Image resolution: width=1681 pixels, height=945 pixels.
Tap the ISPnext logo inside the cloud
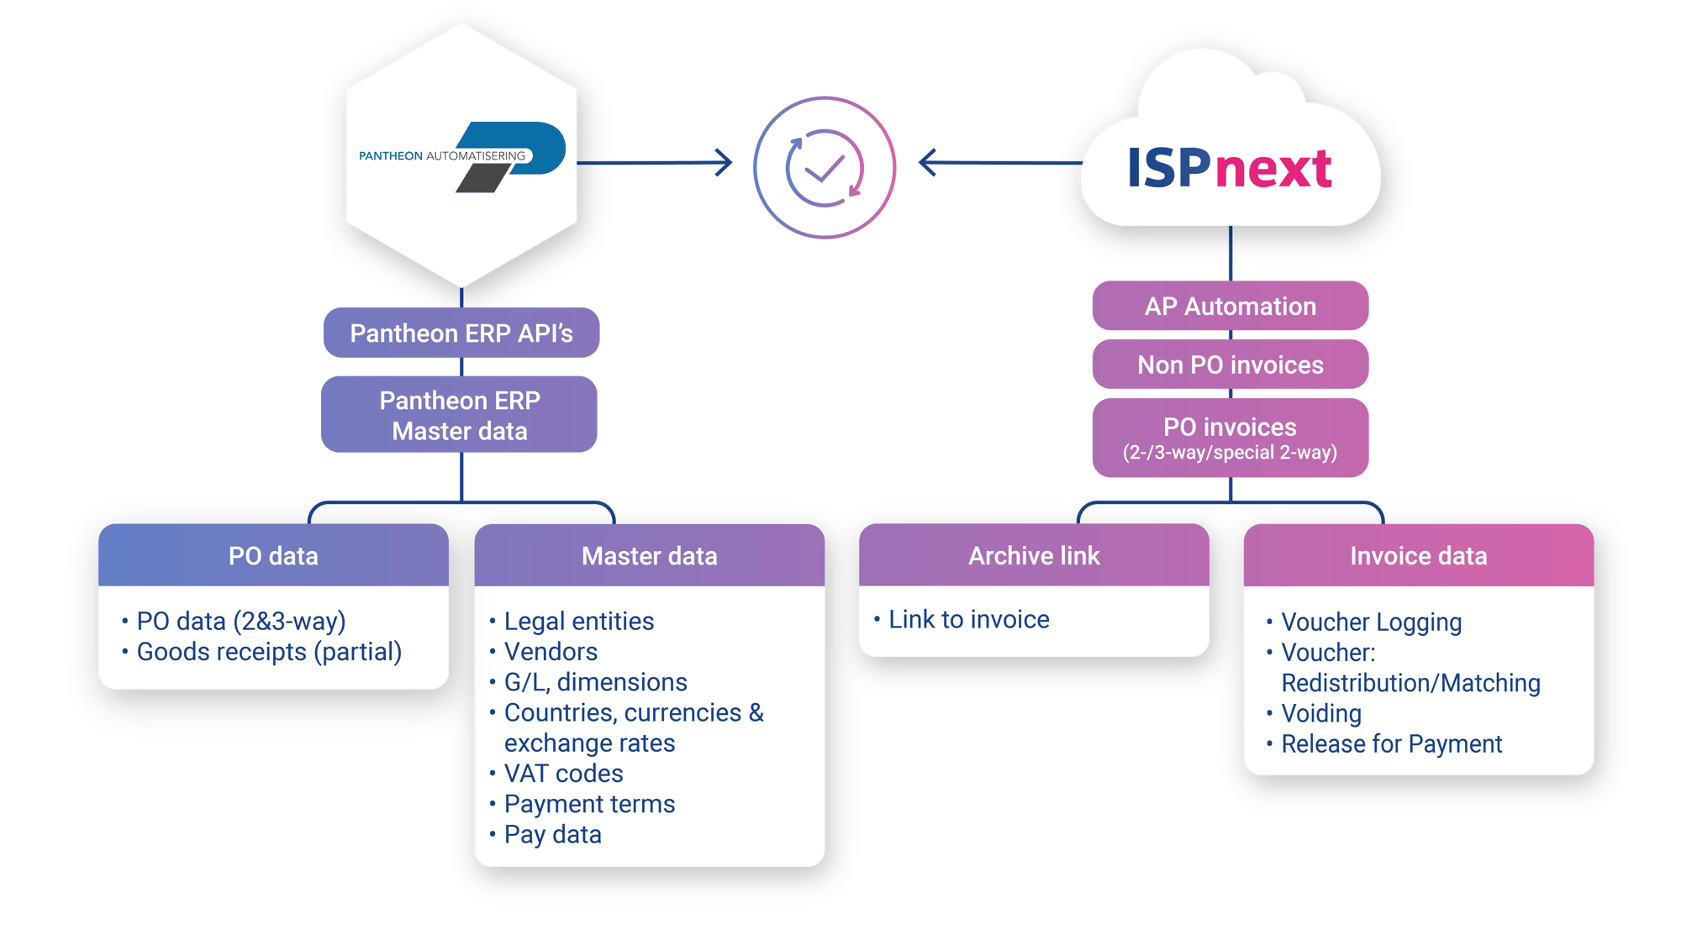pos(1229,168)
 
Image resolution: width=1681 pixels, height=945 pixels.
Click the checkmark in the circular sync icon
pos(825,169)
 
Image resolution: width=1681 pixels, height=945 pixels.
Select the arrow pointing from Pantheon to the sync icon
pos(656,162)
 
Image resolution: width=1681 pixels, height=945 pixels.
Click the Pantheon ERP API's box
pos(461,333)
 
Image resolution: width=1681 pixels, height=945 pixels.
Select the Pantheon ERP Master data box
pos(459,415)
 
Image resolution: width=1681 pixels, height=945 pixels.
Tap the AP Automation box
pos(1230,307)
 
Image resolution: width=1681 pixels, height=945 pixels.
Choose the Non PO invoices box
pos(1230,365)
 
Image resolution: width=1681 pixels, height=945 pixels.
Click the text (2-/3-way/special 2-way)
pos(1230,453)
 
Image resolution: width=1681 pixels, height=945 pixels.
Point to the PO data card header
pos(273,555)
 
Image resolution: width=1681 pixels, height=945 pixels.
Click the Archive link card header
pos(1033,555)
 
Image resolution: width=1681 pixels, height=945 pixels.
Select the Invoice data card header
pos(1418,555)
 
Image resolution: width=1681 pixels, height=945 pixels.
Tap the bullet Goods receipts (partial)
pos(269,652)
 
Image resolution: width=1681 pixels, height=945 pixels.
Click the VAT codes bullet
pos(563,774)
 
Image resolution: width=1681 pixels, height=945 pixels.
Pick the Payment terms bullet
pos(589,804)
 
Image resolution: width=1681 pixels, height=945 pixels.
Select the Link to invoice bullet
pos(968,620)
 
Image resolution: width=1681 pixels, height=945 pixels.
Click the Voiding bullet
pos(1320,714)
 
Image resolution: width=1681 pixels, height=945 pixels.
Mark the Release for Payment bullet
pos(1391,744)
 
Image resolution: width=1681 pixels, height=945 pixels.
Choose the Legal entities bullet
pos(578,622)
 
